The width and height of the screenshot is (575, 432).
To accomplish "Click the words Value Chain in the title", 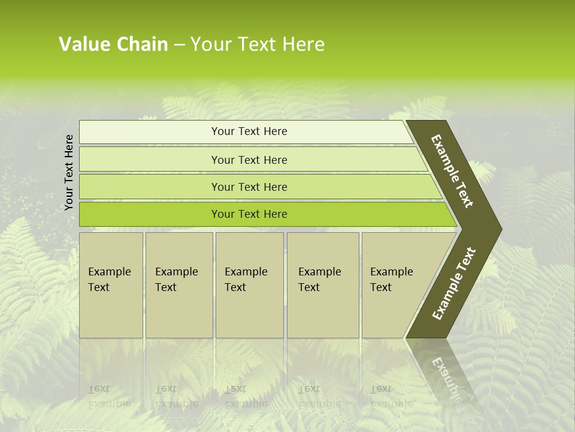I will click(113, 44).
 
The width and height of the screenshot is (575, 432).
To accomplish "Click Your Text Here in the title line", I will click(258, 44).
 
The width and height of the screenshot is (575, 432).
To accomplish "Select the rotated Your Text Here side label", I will click(69, 173).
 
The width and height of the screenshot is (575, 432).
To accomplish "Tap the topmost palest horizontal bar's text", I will click(249, 131).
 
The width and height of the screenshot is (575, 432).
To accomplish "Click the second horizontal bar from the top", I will click(249, 160).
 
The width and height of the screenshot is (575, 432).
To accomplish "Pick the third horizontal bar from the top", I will click(249, 187).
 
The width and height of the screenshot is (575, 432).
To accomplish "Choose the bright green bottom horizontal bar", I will click(249, 214).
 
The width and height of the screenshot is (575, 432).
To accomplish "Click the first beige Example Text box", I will click(111, 285).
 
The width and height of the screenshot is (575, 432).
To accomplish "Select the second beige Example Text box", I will click(178, 285).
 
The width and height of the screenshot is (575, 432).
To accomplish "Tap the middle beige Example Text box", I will click(249, 285).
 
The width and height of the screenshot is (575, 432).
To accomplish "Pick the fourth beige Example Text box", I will click(323, 285).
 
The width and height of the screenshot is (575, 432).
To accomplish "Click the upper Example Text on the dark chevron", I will click(453, 172).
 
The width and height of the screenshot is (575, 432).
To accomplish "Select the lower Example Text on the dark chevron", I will click(453, 283).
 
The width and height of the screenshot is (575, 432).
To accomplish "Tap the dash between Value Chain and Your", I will click(179, 45).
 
